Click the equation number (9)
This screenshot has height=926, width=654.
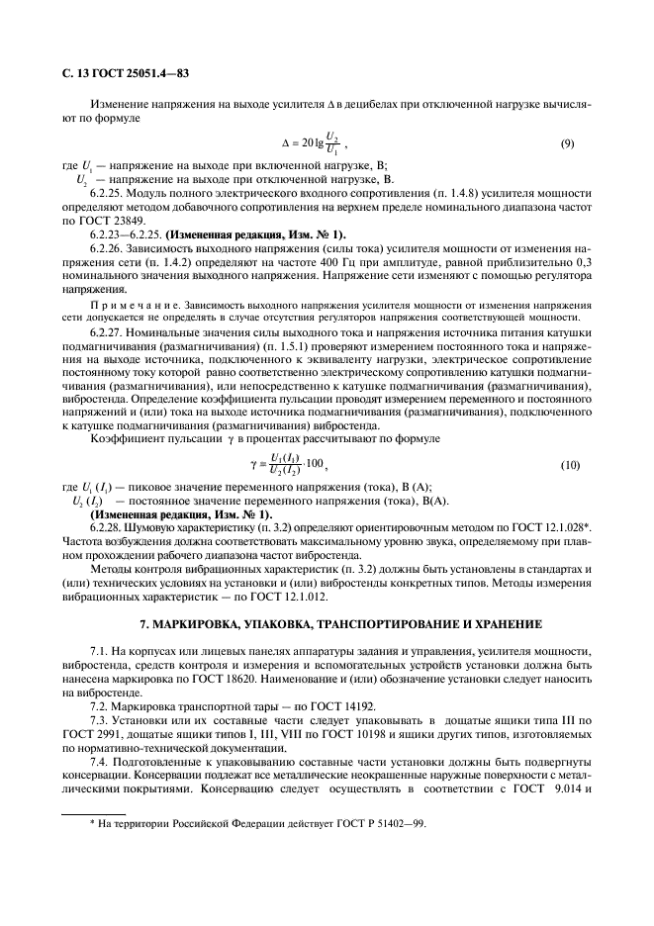coord(567,143)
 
